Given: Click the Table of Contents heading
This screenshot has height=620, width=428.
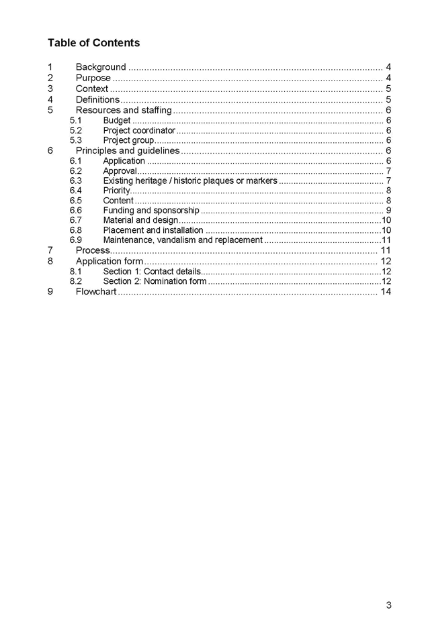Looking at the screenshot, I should point(93,43).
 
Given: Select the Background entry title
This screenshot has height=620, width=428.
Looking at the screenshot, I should point(100,67).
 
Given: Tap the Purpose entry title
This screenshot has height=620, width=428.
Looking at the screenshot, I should point(93,78).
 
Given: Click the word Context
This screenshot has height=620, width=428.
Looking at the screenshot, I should point(92,89).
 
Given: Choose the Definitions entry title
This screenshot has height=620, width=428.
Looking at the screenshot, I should point(97,99).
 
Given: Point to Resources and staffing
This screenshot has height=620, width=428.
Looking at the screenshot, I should point(124,110).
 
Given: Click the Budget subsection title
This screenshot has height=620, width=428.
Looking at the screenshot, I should point(116,121).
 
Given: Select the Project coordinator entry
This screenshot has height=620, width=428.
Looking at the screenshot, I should point(138,130).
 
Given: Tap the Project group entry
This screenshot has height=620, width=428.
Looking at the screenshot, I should point(128,140).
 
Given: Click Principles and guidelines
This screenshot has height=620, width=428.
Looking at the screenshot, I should point(128,150).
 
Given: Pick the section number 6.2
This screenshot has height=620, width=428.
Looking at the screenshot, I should point(75,171).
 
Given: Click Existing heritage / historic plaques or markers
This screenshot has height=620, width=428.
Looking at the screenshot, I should point(189,180).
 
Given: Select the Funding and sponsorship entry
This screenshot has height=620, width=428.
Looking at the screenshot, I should point(151,210).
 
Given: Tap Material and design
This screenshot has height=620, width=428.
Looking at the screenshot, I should point(140,220).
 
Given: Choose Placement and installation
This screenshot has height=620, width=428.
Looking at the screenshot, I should point(153,230).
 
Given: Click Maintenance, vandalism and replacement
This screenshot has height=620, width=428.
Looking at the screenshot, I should point(182,240).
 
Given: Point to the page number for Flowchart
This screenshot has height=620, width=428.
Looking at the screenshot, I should point(386,291).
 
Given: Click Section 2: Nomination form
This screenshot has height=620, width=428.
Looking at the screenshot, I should point(155,281).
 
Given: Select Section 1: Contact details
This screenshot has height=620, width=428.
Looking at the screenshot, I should point(151,271).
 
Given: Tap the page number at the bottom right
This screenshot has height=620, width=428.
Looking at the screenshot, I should point(388,605).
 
